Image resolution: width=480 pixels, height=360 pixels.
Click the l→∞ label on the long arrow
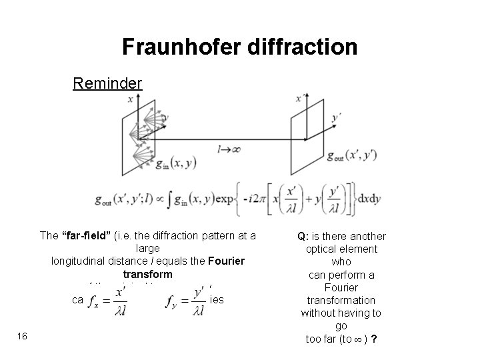tap(229, 149)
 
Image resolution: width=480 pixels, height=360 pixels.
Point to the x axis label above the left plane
tap(130, 99)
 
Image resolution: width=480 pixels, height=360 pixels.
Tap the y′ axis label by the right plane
tap(337, 119)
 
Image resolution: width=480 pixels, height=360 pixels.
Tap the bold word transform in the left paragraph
tap(147, 274)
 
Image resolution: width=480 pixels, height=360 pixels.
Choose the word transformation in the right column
tap(341, 300)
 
